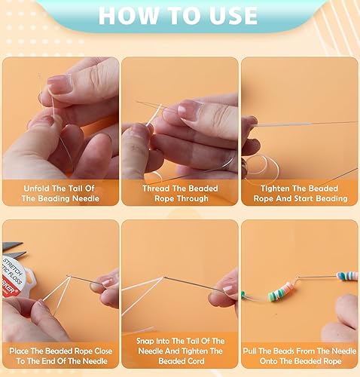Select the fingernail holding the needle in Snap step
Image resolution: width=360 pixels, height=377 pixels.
[x=230, y=289]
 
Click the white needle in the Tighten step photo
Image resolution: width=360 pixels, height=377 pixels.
[x=301, y=124]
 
